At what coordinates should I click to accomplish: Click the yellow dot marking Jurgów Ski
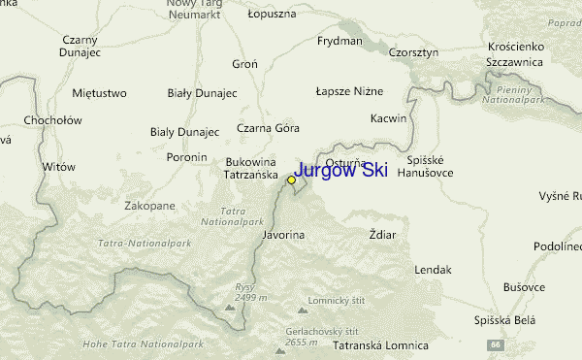click(291, 180)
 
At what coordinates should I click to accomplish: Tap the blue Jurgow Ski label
click(340, 171)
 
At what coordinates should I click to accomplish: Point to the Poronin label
click(186, 156)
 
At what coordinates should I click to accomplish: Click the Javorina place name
click(283, 235)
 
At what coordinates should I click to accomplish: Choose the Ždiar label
click(383, 235)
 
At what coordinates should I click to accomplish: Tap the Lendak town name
click(434, 270)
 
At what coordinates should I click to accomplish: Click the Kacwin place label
click(388, 117)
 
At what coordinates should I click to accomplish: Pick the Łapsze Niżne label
click(349, 90)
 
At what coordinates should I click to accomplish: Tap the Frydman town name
click(339, 42)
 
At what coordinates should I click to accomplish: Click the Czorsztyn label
click(413, 51)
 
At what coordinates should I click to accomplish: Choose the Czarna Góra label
click(269, 127)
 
